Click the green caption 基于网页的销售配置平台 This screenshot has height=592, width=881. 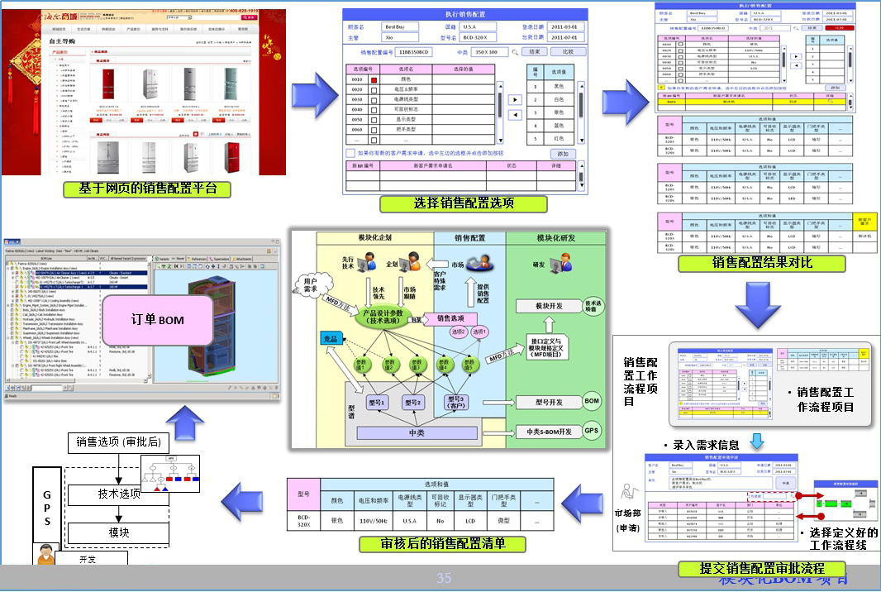point(147,189)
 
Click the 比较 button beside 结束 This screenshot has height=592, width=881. point(568,52)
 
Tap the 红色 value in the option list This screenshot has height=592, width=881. point(559,139)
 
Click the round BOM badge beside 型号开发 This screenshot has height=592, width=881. point(592,401)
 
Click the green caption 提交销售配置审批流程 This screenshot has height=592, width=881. point(761,569)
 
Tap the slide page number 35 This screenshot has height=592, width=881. point(444,578)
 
